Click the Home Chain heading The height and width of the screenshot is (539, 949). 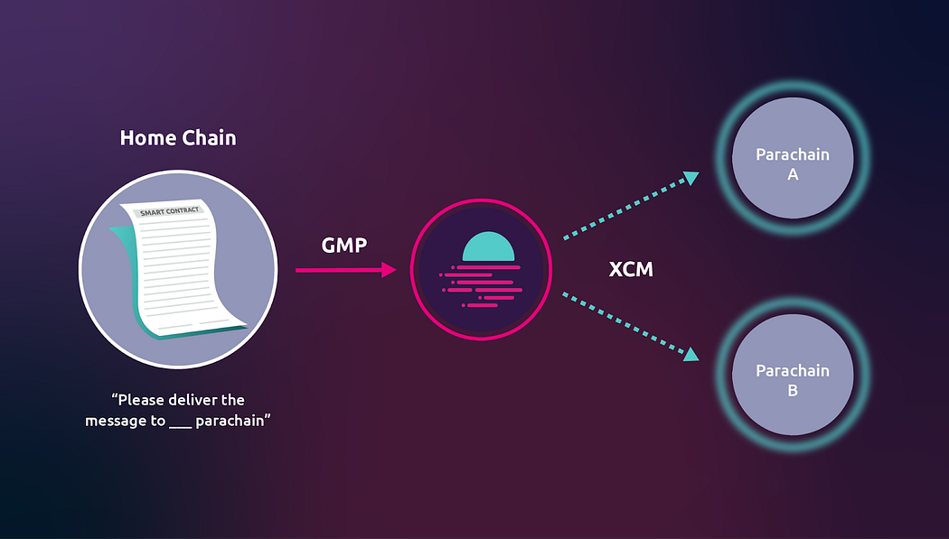click(178, 138)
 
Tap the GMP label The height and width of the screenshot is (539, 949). click(344, 245)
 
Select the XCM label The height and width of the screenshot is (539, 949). click(631, 269)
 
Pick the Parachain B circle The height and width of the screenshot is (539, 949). click(792, 380)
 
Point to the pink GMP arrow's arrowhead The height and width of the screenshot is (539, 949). click(390, 270)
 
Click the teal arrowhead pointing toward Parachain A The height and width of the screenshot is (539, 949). click(691, 178)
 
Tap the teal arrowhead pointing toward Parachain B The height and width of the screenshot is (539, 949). click(691, 354)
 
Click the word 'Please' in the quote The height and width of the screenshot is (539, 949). click(145, 399)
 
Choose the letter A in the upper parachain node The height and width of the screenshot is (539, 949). click(793, 175)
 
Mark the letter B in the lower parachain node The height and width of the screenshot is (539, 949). click(793, 392)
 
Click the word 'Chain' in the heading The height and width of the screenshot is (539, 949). click(209, 138)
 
